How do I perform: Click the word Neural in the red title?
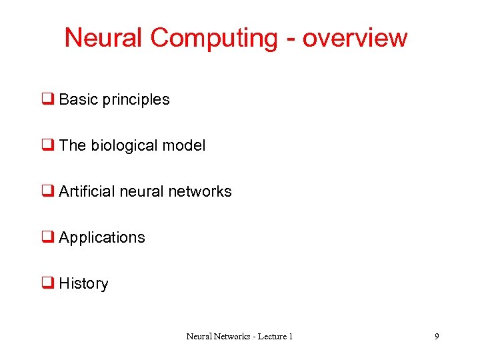103,38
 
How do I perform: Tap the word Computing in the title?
213,38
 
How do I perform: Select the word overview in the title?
355,38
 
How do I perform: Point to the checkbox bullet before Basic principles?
48,100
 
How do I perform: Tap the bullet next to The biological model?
48,146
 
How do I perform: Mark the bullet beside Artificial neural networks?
48,192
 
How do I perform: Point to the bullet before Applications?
48,238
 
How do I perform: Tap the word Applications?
102,238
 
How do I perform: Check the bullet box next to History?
48,284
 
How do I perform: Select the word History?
83,284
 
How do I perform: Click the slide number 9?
437,337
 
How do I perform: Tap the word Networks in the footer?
231,337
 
